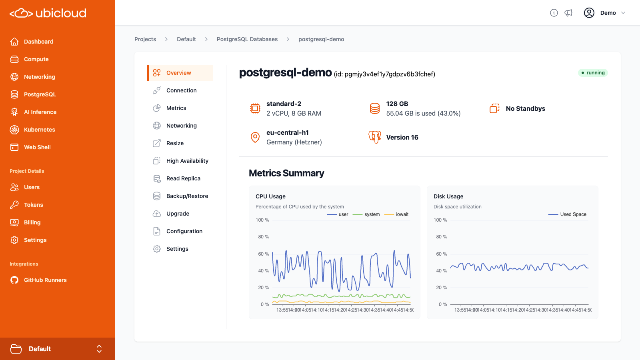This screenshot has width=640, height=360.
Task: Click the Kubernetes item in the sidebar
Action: coord(39,130)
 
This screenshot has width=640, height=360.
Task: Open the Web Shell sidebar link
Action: coord(37,147)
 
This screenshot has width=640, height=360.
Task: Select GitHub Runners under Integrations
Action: coord(45,280)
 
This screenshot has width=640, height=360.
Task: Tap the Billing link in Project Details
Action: coord(32,222)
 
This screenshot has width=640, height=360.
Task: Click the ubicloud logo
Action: coord(48,13)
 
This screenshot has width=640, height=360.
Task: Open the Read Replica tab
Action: coord(183,178)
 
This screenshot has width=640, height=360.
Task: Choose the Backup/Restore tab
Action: coord(187,196)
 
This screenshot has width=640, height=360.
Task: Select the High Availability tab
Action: coord(187,161)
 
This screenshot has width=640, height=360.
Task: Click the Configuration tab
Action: coord(184,231)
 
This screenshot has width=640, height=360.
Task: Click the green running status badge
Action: coord(593,73)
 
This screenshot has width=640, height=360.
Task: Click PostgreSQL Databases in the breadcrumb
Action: coord(247,39)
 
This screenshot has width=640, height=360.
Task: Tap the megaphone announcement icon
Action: coord(568,13)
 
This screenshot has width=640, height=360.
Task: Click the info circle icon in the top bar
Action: coord(554,13)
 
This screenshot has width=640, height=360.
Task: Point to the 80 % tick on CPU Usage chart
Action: coord(263,237)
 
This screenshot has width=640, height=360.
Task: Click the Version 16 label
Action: coord(402,137)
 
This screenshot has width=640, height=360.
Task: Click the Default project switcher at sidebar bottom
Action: coord(58,349)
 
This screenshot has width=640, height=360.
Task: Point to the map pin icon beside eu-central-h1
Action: coord(255,137)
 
